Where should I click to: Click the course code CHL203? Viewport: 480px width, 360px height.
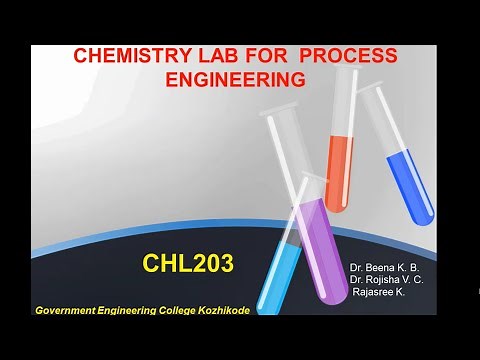(x=188, y=264)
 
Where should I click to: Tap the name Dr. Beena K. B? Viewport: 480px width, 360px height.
(x=385, y=269)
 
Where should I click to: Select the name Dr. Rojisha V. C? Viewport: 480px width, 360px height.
(x=387, y=281)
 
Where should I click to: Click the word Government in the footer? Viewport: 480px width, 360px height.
(x=69, y=311)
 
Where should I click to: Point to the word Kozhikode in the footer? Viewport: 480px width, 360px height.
(x=221, y=311)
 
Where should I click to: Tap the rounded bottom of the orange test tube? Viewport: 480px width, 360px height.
(x=337, y=206)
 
